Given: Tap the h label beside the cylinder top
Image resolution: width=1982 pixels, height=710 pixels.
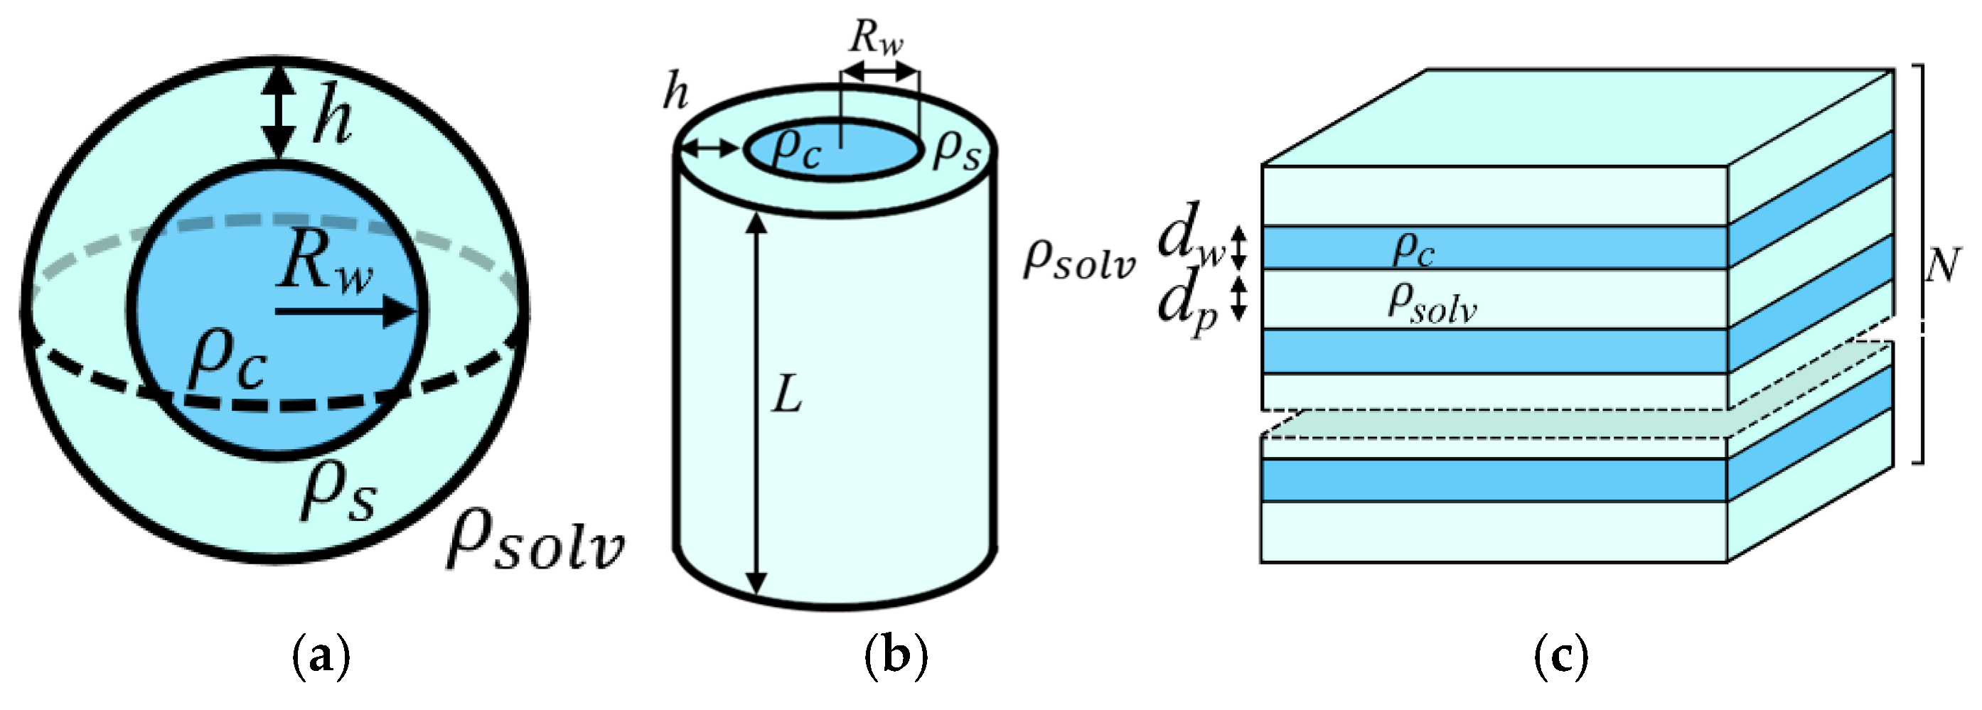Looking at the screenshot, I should [x=675, y=94].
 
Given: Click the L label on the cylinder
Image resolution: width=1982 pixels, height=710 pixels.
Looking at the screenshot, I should [x=787, y=397].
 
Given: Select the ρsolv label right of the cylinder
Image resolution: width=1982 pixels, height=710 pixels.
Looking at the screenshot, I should [x=1078, y=261].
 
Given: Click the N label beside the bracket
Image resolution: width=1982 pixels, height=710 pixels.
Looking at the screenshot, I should [x=1941, y=265].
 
